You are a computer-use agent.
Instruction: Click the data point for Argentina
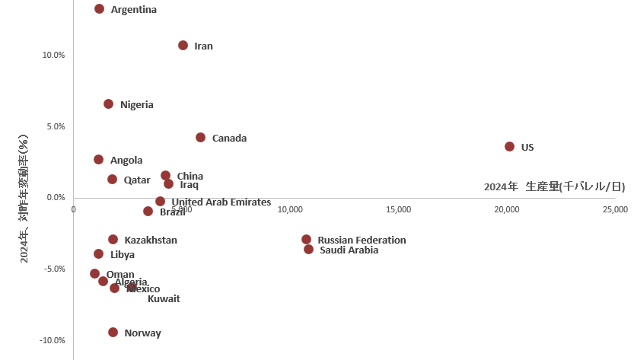99,9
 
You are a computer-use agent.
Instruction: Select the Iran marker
183,46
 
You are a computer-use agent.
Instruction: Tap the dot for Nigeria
108,104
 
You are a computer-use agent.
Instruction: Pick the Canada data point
200,138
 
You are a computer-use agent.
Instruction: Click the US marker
509,146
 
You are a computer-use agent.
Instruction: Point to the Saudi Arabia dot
308,250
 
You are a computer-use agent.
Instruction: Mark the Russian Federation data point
306,240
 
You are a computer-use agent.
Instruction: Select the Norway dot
113,333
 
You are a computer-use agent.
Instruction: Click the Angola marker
98,160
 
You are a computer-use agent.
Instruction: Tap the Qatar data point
112,180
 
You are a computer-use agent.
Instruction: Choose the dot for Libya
98,254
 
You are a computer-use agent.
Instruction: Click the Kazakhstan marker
113,240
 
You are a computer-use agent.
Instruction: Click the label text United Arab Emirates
221,202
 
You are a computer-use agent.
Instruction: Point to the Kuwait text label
164,299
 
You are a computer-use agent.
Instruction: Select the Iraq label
189,185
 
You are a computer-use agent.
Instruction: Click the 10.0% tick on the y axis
53,55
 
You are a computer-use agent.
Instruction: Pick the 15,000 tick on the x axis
399,209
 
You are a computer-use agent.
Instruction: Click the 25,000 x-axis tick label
615,209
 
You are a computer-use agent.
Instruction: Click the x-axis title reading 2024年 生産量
554,186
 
